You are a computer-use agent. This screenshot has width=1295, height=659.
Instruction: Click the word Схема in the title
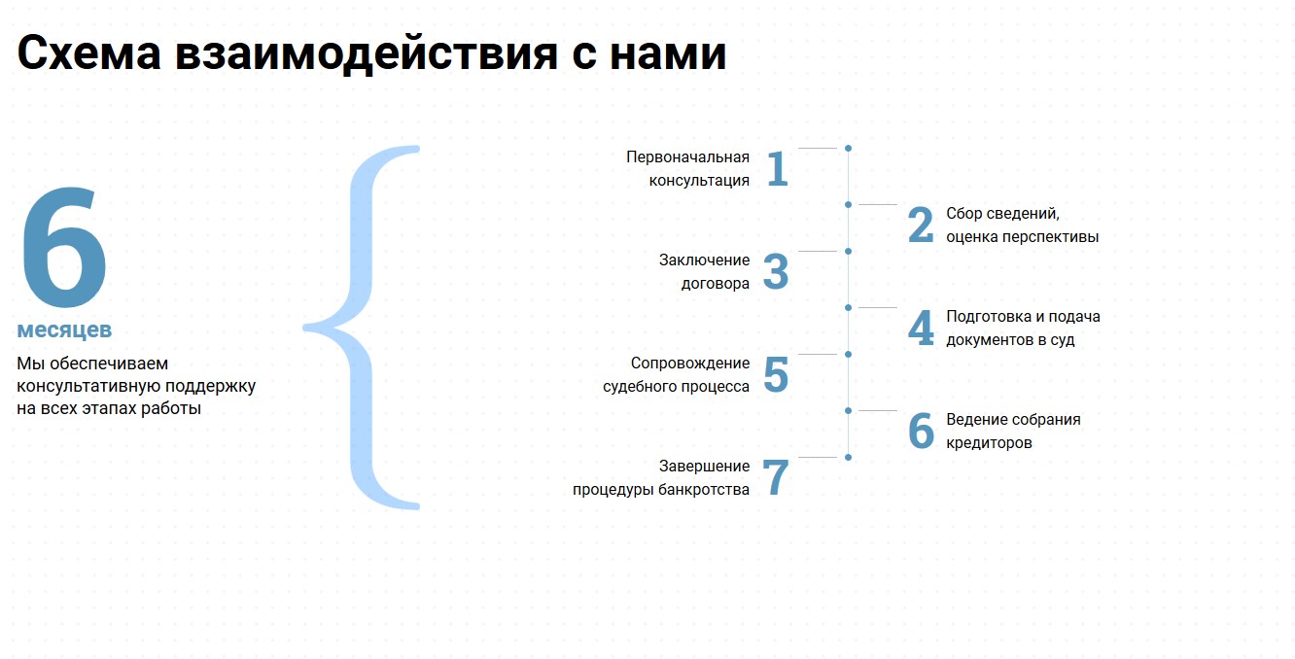(x=89, y=53)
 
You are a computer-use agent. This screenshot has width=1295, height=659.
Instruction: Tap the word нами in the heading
(x=668, y=53)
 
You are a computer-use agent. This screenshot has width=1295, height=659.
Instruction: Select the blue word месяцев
(x=64, y=329)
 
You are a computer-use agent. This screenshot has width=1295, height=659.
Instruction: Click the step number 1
(x=777, y=168)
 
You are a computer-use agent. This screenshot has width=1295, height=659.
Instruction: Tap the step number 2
(x=921, y=225)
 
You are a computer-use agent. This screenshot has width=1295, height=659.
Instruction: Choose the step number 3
(x=775, y=271)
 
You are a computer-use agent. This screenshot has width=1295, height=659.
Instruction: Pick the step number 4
(x=921, y=328)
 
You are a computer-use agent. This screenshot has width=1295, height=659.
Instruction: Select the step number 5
(x=776, y=374)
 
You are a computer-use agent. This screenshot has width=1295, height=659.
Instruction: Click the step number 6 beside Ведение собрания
(x=921, y=431)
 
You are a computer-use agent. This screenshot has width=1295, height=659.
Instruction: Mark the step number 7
(x=776, y=477)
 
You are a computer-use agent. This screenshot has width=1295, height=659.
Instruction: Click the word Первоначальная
(x=687, y=157)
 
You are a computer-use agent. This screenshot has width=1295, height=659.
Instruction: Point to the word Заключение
(x=704, y=260)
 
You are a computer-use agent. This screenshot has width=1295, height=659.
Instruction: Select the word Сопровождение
(x=689, y=363)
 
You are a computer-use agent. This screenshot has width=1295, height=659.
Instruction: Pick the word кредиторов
(x=989, y=443)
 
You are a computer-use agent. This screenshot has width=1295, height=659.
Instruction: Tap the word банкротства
(x=704, y=490)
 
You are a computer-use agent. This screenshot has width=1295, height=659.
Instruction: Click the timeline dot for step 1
(x=848, y=149)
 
